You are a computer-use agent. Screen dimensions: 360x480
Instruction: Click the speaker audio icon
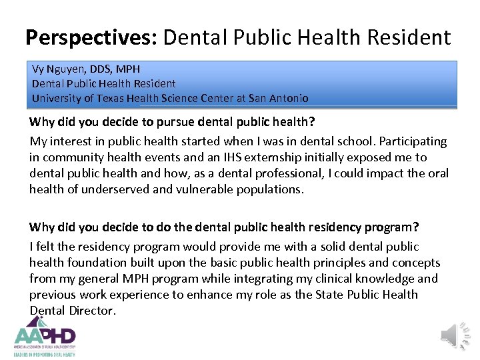[x=456, y=333]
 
